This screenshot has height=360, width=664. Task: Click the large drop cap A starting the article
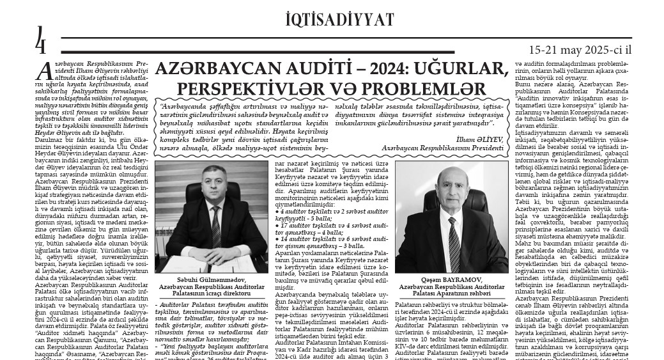pyautogui.click(x=43, y=70)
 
